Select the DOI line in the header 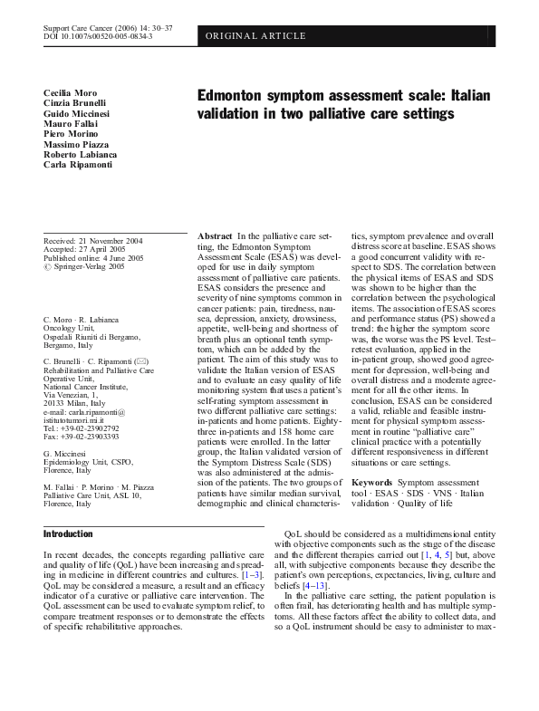pos(98,37)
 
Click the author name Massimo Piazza pos(76,144)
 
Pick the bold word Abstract pos(216,235)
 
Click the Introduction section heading pos(68,534)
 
